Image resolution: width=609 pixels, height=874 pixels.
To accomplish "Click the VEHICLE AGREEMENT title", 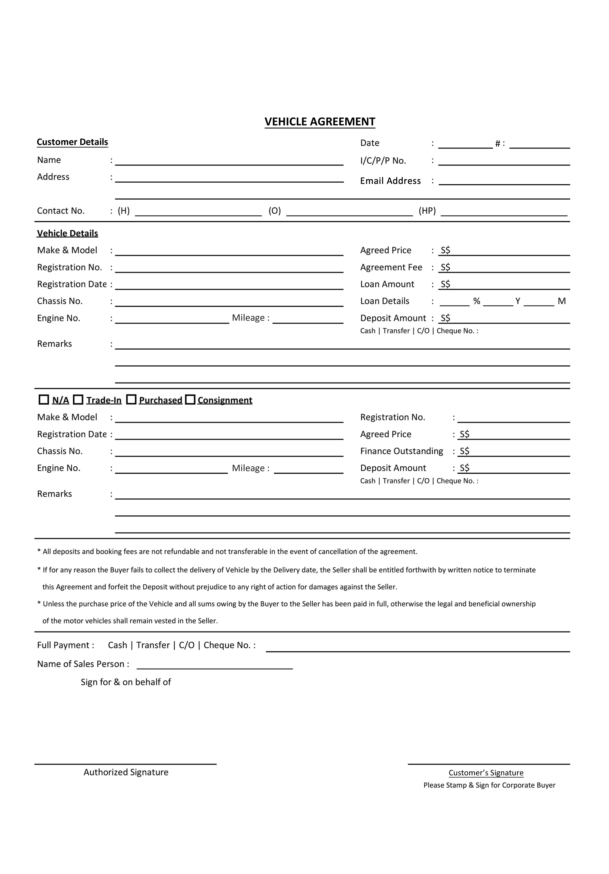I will coord(320,122).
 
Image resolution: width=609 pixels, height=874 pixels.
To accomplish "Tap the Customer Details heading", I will coord(72,142).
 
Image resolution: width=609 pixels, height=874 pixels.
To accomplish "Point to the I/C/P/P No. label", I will coord(383,161).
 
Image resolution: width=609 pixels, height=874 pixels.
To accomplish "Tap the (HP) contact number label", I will coord(427,211).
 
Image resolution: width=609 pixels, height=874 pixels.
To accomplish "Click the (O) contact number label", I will coord(274,211).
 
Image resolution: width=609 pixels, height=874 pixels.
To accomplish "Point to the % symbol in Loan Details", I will coord(476,301).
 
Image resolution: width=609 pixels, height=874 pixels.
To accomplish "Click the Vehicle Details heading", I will coord(67,233).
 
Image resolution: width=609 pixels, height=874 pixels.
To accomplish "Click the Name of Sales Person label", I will coord(83,664).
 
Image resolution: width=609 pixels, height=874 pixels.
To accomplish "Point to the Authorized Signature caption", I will coord(126,772).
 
